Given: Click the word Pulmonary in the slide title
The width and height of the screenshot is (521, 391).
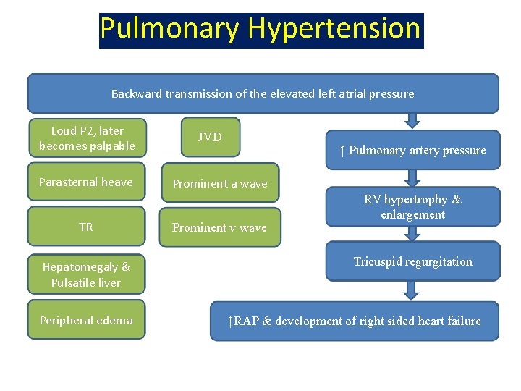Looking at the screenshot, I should (x=171, y=29).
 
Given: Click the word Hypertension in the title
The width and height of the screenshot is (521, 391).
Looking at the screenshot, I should (x=334, y=29).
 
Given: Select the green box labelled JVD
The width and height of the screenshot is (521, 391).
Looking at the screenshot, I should (x=210, y=137).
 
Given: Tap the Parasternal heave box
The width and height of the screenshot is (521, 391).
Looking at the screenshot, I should (x=86, y=182).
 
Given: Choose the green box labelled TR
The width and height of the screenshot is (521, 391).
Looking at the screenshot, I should (x=86, y=227).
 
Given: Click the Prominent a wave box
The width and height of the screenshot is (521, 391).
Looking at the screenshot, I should (x=220, y=184).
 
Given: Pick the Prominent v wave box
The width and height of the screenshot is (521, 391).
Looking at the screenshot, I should (x=219, y=227).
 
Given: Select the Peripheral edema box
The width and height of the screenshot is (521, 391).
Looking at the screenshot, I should (x=86, y=320).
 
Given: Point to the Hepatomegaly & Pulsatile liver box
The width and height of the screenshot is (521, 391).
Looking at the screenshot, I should (x=86, y=275).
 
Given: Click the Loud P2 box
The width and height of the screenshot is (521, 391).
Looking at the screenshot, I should (x=87, y=138).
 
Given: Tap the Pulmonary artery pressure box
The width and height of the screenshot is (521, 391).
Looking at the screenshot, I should (x=412, y=151).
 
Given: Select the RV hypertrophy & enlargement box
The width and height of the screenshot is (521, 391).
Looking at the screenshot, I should (x=412, y=207).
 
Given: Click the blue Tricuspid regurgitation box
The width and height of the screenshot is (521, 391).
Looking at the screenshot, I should (x=412, y=262).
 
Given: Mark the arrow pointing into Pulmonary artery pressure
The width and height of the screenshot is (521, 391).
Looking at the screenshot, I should (x=412, y=121).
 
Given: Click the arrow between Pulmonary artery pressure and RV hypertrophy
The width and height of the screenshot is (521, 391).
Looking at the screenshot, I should (x=412, y=178).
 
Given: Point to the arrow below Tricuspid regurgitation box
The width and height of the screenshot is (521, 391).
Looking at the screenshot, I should (x=412, y=290).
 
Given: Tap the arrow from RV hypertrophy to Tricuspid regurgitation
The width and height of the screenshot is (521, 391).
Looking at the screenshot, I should (x=412, y=233).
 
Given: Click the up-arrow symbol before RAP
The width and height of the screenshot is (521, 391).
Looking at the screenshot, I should (x=229, y=321).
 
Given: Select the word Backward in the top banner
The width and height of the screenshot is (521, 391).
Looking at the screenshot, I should (x=137, y=94).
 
